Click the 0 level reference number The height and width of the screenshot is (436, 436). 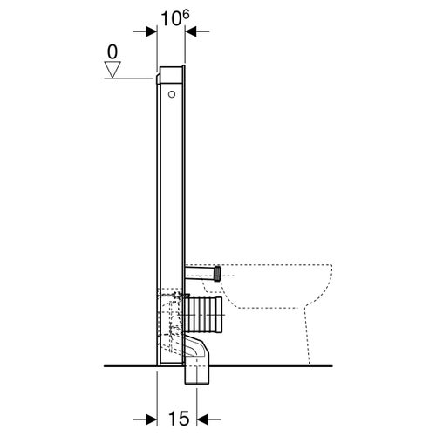[x=112, y=52]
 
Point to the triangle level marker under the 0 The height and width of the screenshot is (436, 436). [x=112, y=71]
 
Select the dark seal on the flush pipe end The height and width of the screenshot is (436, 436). [x=214, y=274]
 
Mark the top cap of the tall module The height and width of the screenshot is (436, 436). [x=171, y=69]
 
